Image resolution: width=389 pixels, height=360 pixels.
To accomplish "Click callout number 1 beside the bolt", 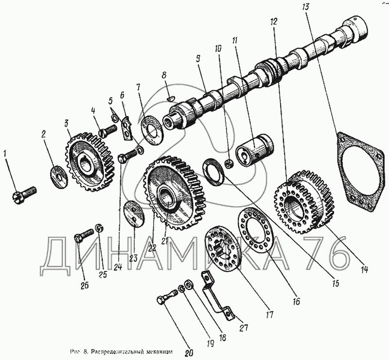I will (x=5, y=154).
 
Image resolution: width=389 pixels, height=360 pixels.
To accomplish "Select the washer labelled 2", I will (x=58, y=175).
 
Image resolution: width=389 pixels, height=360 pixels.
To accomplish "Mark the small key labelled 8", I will (x=169, y=97).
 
